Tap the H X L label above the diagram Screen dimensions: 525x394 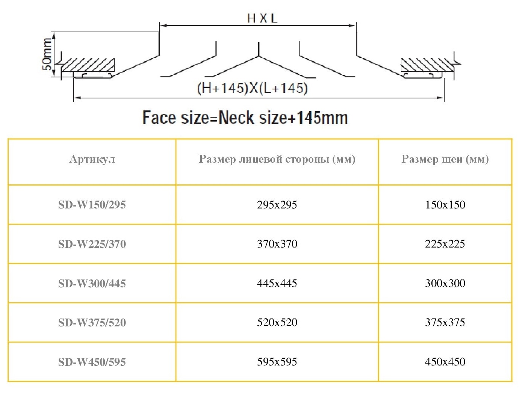(262, 18)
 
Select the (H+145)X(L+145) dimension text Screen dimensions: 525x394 (252, 88)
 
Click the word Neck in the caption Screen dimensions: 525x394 (236, 118)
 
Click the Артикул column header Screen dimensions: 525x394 (92, 159)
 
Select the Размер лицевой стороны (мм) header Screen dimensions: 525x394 (277, 159)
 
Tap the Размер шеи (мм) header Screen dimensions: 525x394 (445, 159)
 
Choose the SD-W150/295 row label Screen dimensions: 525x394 (92, 205)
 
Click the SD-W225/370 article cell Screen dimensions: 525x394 (92, 244)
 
